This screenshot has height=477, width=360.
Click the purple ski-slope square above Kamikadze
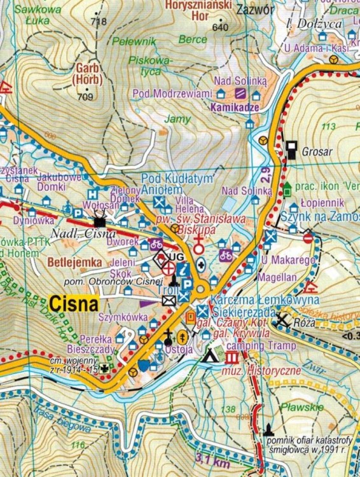[240, 94]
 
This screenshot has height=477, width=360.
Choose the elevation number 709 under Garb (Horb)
[84, 97]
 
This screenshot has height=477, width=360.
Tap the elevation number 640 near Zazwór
[221, 28]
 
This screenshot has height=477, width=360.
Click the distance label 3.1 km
[213, 462]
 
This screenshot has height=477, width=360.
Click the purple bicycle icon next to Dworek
[156, 243]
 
